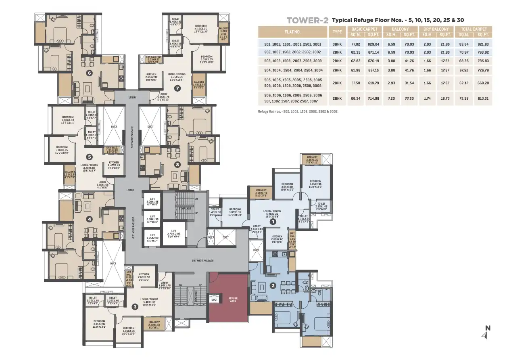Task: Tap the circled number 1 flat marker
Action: coord(273,221)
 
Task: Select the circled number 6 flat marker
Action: coord(90,73)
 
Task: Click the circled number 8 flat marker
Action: coord(177,164)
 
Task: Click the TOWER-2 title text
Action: coord(307,20)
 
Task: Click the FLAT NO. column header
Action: coord(293,31)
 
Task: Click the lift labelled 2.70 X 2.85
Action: coord(174,235)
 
